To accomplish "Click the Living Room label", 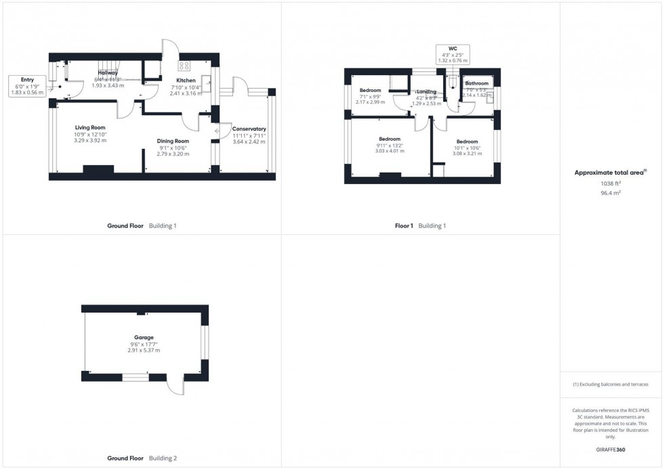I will tap(90, 127).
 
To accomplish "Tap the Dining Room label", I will tap(173, 141).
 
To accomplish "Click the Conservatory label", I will tap(249, 129).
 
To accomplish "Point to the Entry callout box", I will tap(27, 86).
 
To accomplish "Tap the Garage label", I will tap(144, 337).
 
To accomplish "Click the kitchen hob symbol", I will tap(184, 66).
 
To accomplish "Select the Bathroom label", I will tap(476, 84).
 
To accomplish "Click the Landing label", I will tap(426, 91).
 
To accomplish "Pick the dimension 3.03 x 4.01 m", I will tap(390, 152).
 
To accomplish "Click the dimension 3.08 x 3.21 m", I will tap(467, 154).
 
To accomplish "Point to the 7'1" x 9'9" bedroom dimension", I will tap(370, 96).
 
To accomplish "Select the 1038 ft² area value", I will tap(610, 183).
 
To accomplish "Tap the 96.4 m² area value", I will tap(610, 192).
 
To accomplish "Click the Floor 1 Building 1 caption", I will tap(420, 225).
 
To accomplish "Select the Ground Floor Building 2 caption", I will tap(142, 458).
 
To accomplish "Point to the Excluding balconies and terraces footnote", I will tap(610, 384).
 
